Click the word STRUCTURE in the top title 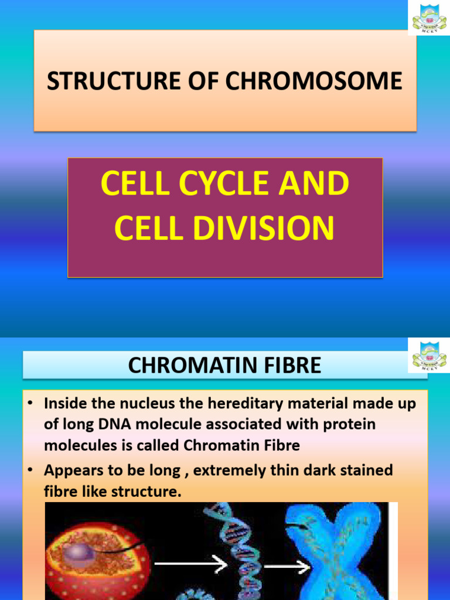point(94,81)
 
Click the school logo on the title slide point(429,18)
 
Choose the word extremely point(226,471)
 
